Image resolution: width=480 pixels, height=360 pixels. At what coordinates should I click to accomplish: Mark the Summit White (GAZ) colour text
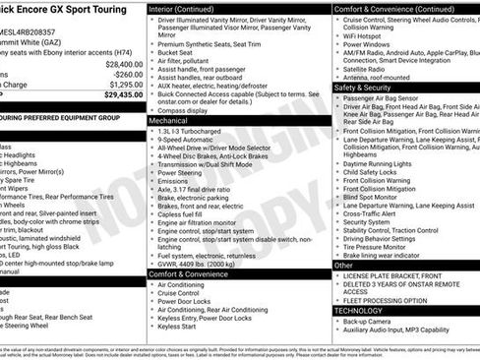pyautogui.click(x=30, y=31)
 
